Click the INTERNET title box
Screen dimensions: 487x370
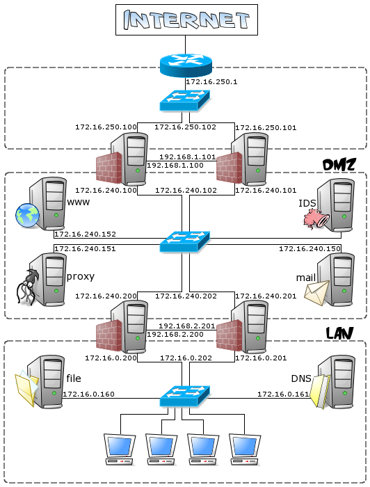pyautogui.click(x=186, y=20)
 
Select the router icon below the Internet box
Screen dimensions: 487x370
pyautogui.click(x=184, y=65)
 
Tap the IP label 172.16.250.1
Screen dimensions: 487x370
pyautogui.click(x=211, y=82)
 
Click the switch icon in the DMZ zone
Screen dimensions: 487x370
pyautogui.click(x=184, y=241)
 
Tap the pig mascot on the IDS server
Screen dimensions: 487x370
pyautogui.click(x=315, y=219)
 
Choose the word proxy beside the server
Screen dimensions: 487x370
pyautogui.click(x=80, y=276)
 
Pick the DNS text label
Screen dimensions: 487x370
pyautogui.click(x=301, y=378)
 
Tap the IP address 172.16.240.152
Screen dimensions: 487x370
pyautogui.click(x=85, y=234)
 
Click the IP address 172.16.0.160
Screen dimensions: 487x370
pyautogui.click(x=88, y=394)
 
